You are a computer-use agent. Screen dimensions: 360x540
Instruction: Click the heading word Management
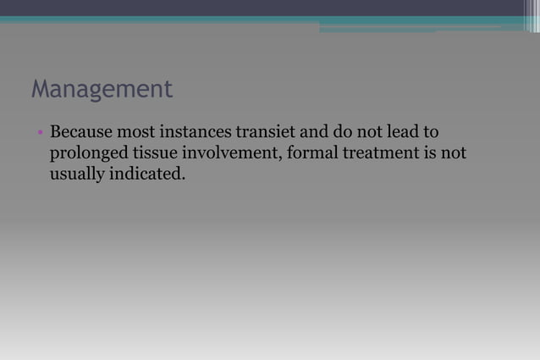pyautogui.click(x=102, y=90)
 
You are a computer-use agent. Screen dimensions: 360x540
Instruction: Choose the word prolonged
pyautogui.click(x=86, y=155)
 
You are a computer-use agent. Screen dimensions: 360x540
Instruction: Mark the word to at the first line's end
pyautogui.click(x=431, y=134)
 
